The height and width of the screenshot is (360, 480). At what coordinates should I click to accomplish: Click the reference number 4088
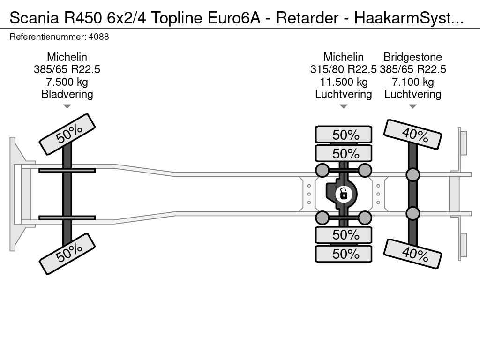98,37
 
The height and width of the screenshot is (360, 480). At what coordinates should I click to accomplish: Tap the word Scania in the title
34,18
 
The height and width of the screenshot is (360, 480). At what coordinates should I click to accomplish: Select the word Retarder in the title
307,18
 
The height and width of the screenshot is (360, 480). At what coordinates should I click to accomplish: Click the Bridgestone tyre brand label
412,57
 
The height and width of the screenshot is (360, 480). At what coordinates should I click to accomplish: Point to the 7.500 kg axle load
67,82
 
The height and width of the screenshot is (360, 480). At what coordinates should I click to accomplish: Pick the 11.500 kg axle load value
344,82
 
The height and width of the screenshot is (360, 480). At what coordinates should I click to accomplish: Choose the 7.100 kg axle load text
412,82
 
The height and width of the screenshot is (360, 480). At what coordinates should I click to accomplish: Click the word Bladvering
67,94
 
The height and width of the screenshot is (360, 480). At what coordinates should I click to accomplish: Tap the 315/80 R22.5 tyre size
344,69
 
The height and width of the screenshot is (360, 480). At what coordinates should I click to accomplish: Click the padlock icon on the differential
344,194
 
